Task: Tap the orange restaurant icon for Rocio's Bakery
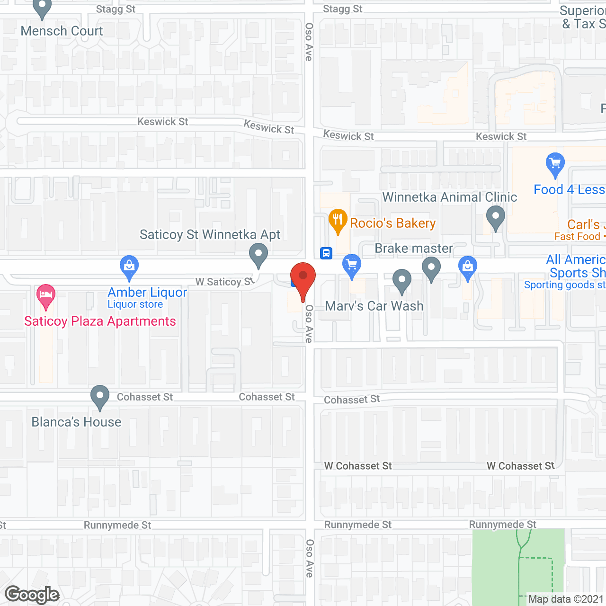[338, 220]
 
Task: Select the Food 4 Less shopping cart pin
[555, 164]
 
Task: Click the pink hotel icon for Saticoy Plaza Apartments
[46, 295]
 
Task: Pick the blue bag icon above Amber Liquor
[129, 267]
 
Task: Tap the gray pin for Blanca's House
[99, 396]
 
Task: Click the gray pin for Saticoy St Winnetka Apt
[258, 254]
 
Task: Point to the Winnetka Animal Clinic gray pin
[495, 217]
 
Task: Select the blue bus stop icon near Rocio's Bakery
[326, 253]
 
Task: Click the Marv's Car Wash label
[374, 306]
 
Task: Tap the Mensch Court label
[62, 31]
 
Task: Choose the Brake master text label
[413, 248]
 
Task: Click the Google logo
[32, 594]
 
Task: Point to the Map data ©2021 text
[566, 599]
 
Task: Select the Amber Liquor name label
[147, 292]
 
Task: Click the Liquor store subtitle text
[135, 304]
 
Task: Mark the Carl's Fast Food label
[580, 230]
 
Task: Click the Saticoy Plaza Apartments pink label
[100, 321]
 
